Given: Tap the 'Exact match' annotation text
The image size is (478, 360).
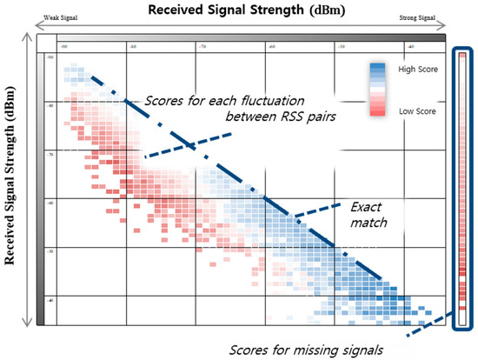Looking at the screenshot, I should [x=370, y=215].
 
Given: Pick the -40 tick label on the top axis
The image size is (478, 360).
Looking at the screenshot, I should [x=408, y=46].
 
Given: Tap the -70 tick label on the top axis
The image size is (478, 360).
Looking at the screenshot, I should [x=202, y=46].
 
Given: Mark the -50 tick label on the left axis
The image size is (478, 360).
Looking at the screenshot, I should [x=49, y=252].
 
